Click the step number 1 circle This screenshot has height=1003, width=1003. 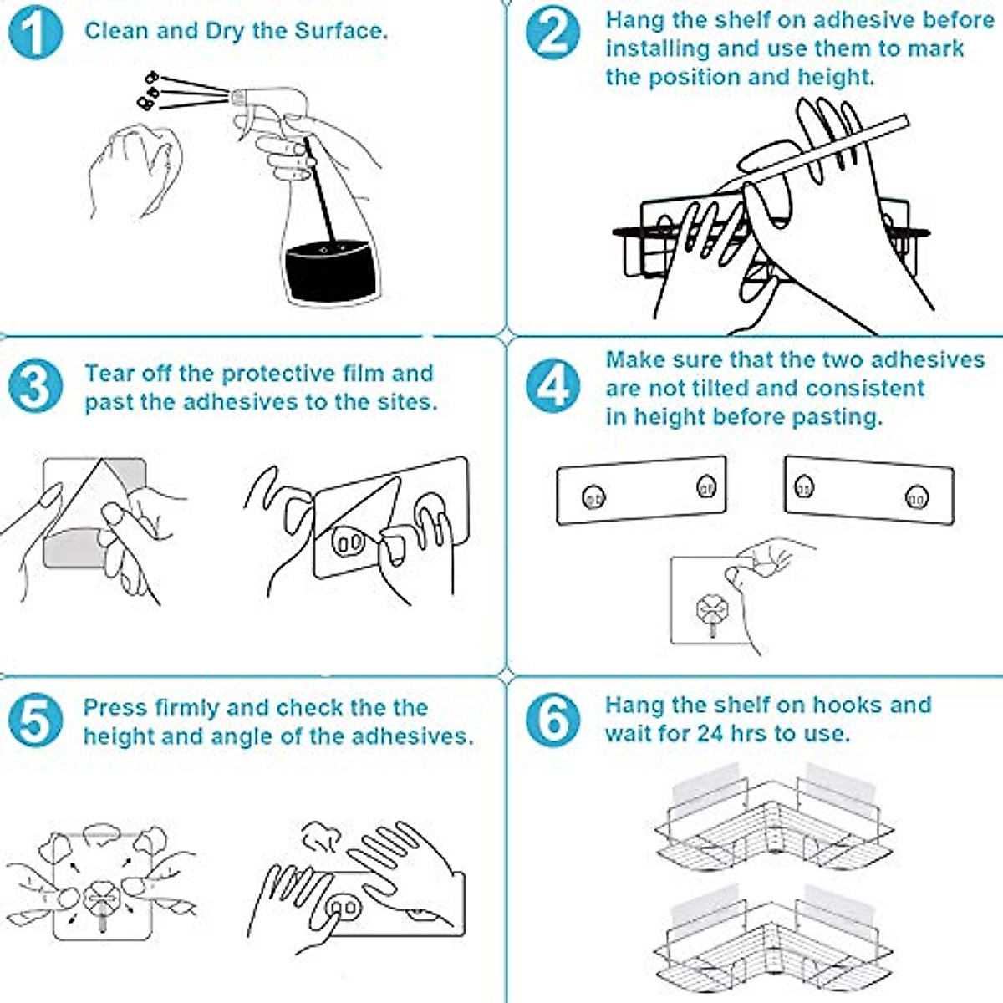(35, 33)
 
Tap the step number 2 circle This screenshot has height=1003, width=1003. (552, 33)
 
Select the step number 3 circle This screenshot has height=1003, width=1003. (35, 387)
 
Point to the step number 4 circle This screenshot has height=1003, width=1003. (552, 387)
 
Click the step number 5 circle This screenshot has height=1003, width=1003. (35, 720)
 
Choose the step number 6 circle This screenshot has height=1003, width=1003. (552, 720)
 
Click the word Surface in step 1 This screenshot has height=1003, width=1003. (340, 31)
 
